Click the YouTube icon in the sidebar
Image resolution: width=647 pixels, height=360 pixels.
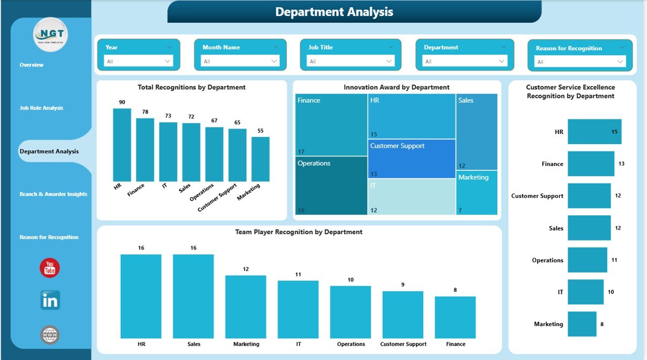tap(50, 268)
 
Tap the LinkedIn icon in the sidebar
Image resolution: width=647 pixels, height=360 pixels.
tap(50, 300)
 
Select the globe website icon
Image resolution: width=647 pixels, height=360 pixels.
tap(50, 335)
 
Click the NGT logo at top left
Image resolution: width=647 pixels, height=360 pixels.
tap(51, 35)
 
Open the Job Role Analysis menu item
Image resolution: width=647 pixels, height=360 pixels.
tap(41, 108)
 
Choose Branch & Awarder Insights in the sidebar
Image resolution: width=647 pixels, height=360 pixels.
tap(53, 194)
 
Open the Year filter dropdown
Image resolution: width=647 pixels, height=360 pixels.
tap(138, 61)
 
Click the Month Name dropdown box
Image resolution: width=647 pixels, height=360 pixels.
tap(240, 61)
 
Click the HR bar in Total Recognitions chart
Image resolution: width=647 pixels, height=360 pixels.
tap(122, 145)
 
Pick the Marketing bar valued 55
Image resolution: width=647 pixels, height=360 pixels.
tap(260, 159)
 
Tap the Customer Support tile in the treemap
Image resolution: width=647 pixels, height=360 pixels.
tap(411, 159)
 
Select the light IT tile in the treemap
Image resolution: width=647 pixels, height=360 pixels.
tap(411, 197)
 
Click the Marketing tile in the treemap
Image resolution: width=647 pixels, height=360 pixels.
tap(477, 193)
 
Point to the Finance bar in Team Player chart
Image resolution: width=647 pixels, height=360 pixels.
tap(455, 317)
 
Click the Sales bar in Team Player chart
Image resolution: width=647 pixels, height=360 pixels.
tap(193, 296)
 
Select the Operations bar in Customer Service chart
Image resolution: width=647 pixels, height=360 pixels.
tap(587, 260)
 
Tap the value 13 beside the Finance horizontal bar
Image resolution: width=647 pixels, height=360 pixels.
tap(621, 164)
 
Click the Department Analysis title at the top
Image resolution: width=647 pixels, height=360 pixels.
tap(334, 12)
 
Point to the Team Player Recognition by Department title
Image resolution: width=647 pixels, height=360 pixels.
tap(299, 232)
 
